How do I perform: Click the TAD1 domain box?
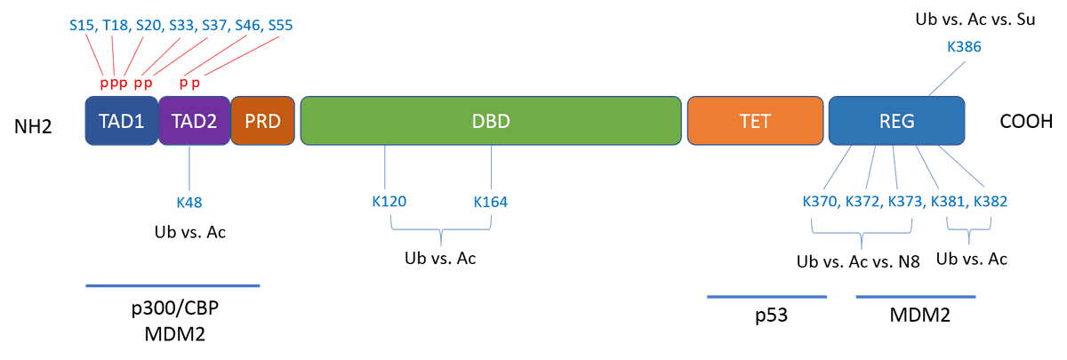[121, 121]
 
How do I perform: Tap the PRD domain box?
[262, 121]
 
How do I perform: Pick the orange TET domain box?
[755, 121]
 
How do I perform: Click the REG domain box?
[896, 121]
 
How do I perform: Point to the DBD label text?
[491, 121]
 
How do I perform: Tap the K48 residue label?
[189, 202]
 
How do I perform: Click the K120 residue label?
[389, 202]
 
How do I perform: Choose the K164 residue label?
[490, 202]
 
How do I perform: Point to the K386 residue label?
[965, 48]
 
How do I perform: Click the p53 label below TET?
[766, 316]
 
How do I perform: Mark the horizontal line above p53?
[766, 296]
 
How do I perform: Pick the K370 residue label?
[820, 202]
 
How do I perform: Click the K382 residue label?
[990, 202]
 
